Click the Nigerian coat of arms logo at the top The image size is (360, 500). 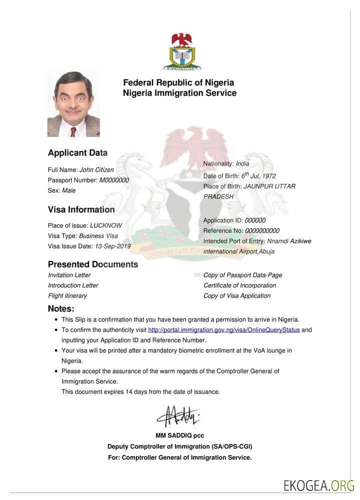point(181,51)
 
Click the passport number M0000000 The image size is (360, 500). point(114,180)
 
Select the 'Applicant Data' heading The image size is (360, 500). point(77,153)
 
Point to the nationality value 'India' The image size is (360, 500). point(242,163)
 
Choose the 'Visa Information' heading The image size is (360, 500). point(81,209)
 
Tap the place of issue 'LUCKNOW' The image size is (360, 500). point(105,225)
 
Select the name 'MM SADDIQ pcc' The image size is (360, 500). point(179,435)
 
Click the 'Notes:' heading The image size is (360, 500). point(61,308)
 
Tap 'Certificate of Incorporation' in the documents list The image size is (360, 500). point(239,285)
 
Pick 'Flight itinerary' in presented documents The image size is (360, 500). point(67,295)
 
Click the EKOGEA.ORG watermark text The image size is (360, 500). point(318,485)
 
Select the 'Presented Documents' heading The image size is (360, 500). point(93,264)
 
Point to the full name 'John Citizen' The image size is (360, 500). point(96,170)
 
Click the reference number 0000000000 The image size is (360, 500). point(262,230)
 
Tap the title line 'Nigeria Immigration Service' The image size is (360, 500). point(179,93)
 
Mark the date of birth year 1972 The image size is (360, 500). point(268,176)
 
